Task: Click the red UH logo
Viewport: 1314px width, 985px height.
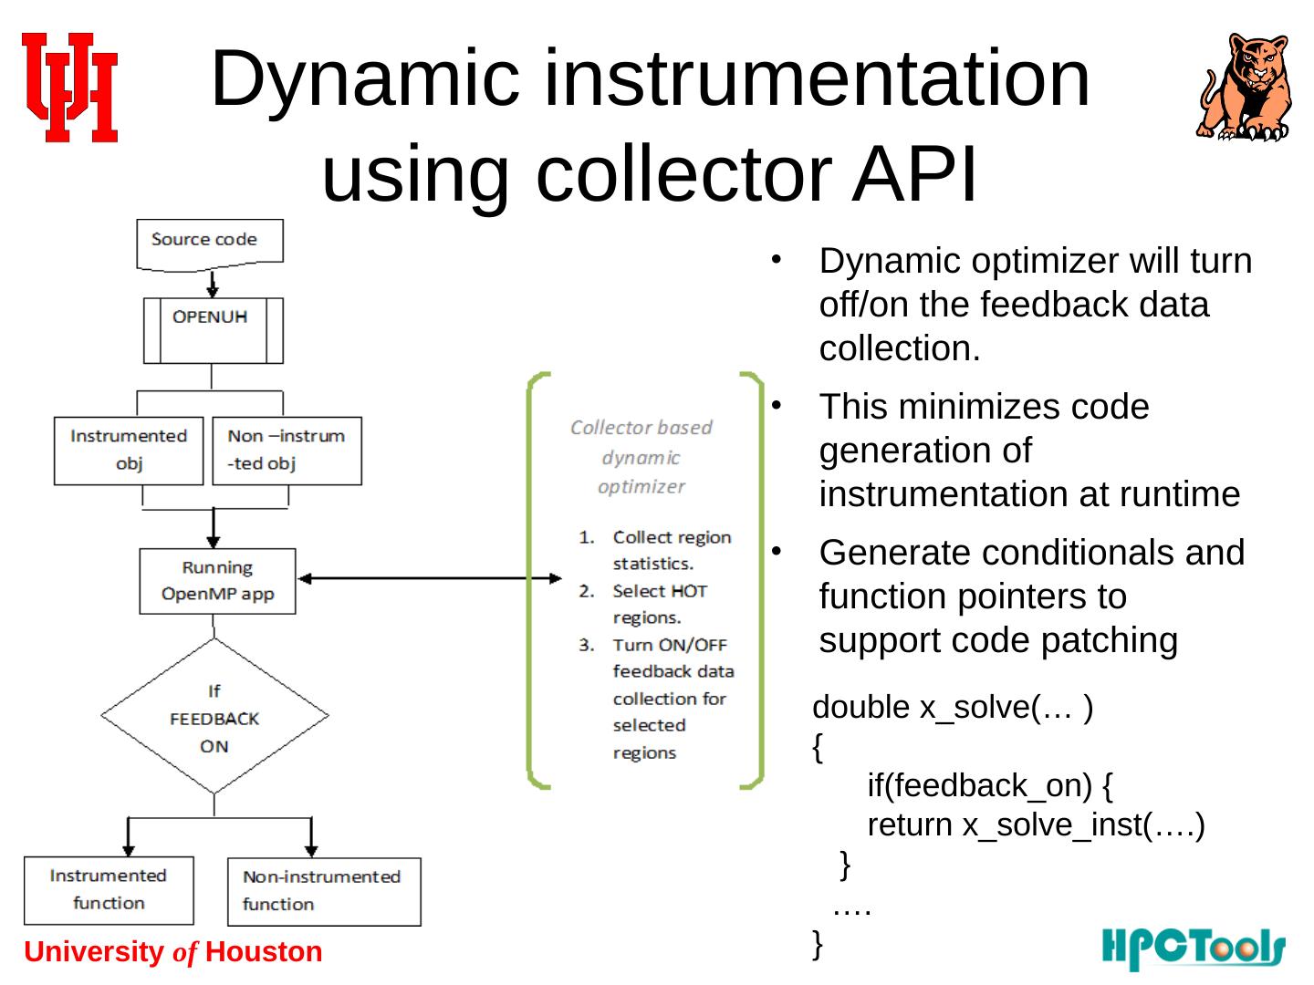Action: (x=70, y=88)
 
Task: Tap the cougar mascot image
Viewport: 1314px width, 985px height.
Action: (x=1245, y=88)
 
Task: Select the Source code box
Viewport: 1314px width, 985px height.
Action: (x=209, y=243)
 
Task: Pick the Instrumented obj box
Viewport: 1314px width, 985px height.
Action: (x=129, y=450)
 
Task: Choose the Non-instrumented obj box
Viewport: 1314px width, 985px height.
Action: (x=287, y=450)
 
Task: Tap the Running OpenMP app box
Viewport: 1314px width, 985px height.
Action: (x=217, y=581)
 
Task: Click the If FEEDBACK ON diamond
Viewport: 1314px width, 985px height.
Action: (x=214, y=717)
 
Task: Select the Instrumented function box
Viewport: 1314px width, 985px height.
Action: (x=109, y=889)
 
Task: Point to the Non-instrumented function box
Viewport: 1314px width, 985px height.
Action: (x=323, y=891)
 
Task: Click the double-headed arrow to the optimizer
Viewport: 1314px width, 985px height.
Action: (x=430, y=578)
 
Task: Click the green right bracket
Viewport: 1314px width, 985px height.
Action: (x=754, y=580)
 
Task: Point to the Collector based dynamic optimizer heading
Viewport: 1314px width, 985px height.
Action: (x=641, y=457)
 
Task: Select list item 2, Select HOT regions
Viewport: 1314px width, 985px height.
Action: (x=658, y=604)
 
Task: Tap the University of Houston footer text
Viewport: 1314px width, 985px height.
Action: (x=173, y=952)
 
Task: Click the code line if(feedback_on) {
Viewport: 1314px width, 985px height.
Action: (x=989, y=784)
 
